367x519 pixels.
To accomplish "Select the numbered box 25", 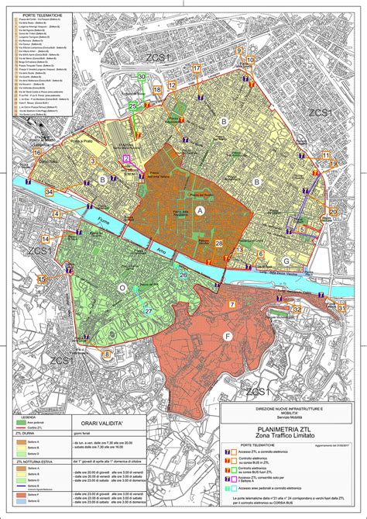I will pyautogui.click(x=132, y=106).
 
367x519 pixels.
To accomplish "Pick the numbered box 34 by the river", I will pyautogui.click(x=49, y=192).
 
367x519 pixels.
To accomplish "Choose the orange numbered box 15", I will pyautogui.click(x=42, y=279).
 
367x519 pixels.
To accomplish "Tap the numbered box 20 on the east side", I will pyautogui.click(x=333, y=212).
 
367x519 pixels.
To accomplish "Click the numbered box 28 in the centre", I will pyautogui.click(x=219, y=244).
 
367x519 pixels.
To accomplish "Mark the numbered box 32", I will pyautogui.click(x=297, y=309).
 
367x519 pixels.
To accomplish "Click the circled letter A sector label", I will pyautogui.click(x=201, y=210).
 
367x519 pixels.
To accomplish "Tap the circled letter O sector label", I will pyautogui.click(x=122, y=287).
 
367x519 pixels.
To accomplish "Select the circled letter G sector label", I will pyautogui.click(x=286, y=261).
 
